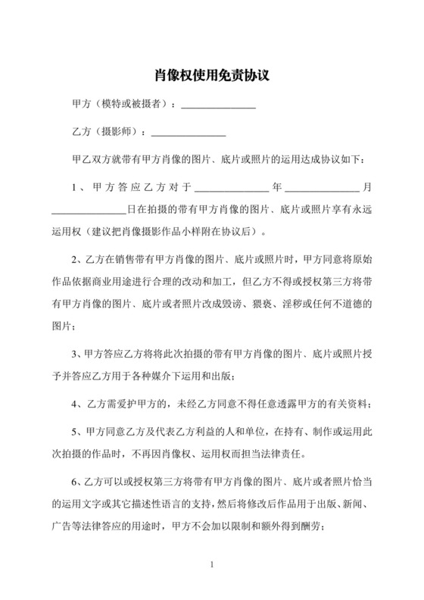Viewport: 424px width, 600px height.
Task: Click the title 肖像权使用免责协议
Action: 211,77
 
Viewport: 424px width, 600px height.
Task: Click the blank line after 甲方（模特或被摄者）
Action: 220,107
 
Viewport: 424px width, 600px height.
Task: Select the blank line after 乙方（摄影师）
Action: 189,134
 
